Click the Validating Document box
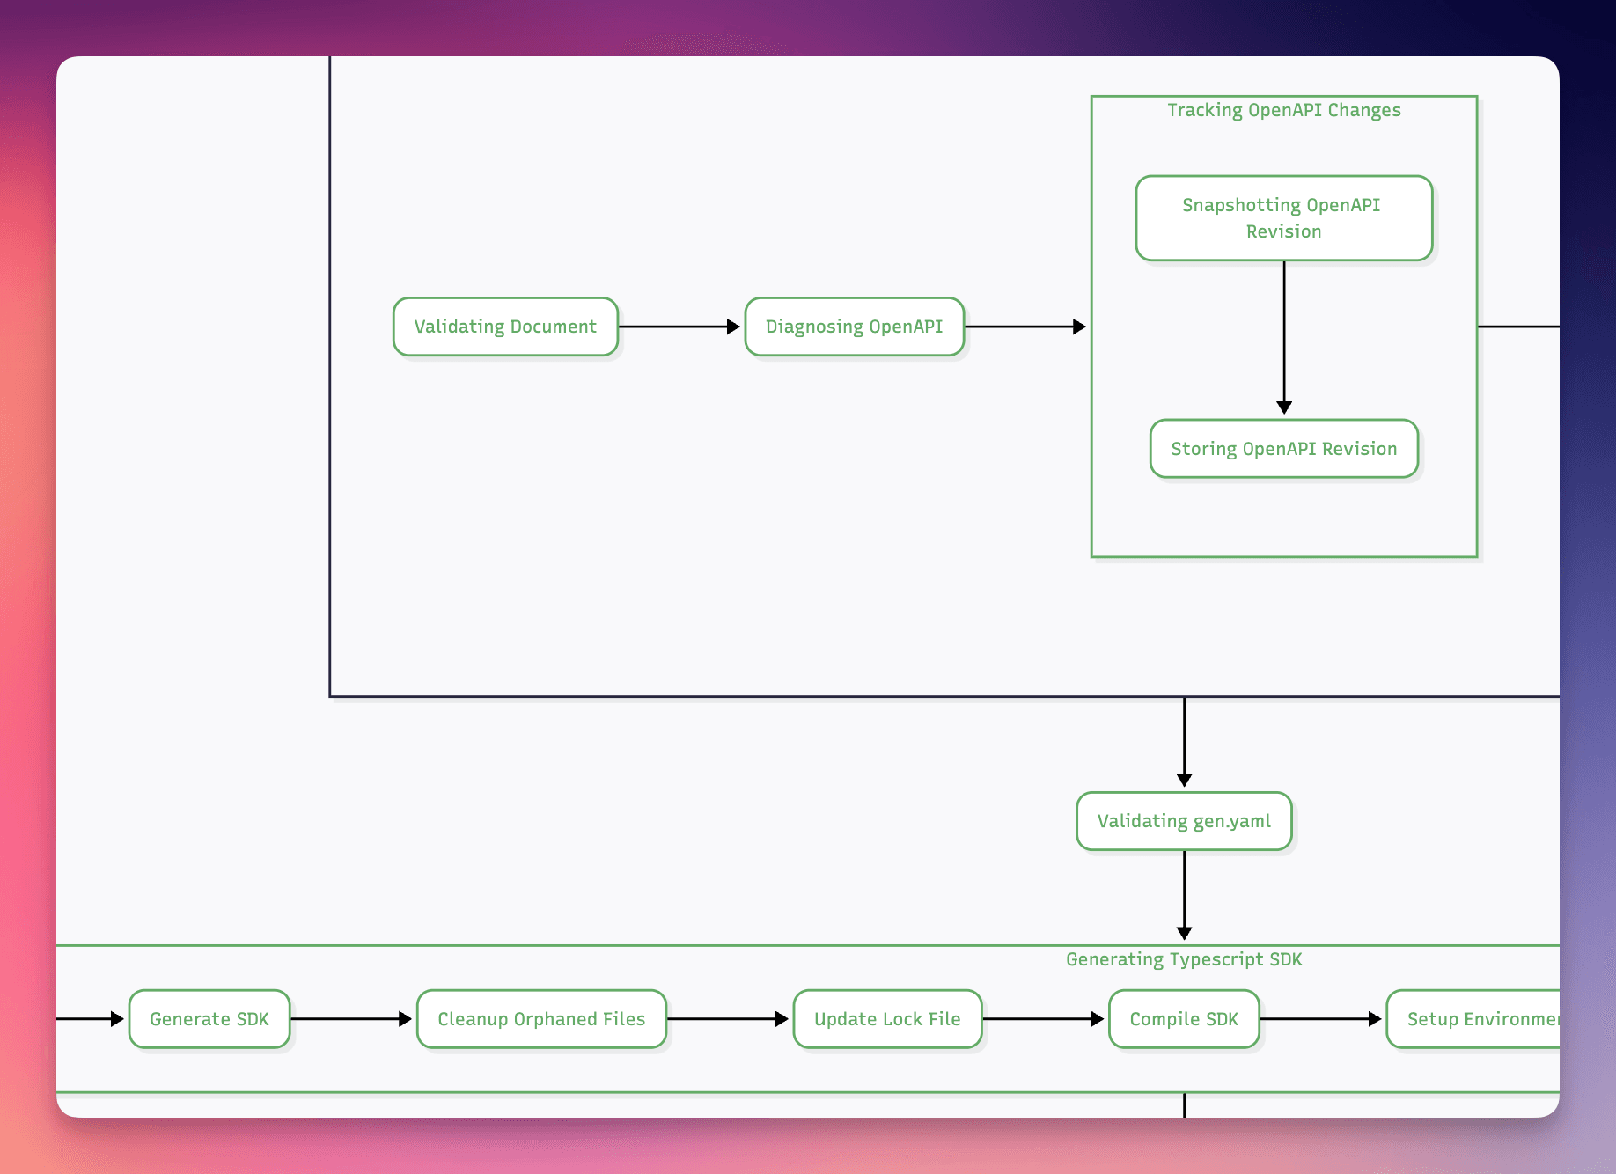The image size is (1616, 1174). (x=505, y=327)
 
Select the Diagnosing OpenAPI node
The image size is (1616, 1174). (x=854, y=327)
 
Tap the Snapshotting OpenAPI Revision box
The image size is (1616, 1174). (x=1283, y=217)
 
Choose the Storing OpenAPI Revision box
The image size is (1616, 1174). (x=1283, y=449)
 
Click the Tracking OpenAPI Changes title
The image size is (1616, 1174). (x=1283, y=110)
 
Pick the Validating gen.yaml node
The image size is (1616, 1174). (x=1184, y=821)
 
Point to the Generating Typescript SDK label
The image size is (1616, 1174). (x=1184, y=959)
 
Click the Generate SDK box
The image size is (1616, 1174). (x=209, y=1019)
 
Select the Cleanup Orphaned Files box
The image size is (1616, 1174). (x=541, y=1019)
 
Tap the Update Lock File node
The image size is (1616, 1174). (x=887, y=1019)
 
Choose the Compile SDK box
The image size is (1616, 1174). (x=1184, y=1019)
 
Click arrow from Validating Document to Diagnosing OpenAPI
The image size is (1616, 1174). (x=678, y=327)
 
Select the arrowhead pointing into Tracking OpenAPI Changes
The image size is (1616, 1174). (x=1079, y=327)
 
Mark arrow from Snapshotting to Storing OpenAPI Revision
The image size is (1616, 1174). (x=1284, y=334)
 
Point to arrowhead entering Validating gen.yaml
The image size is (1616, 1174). (x=1185, y=780)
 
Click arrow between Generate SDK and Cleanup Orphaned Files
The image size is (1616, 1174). (x=352, y=1019)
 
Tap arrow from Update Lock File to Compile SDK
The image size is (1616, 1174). (x=1043, y=1019)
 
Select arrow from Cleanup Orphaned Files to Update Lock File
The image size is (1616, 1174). (x=728, y=1019)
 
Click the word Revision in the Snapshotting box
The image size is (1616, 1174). (x=1283, y=231)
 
